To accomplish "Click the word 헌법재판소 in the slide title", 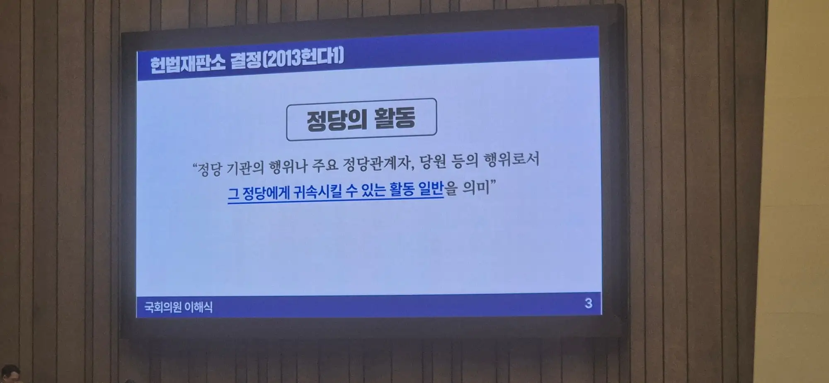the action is (188, 63).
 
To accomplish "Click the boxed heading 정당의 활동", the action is (361, 119).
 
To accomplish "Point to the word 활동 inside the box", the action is (395, 118).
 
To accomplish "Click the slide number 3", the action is (588, 303).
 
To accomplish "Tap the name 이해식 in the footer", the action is (199, 307).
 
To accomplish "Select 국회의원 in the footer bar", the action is (163, 307).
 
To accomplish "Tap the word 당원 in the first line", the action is (432, 162).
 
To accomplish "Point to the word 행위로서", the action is (511, 159).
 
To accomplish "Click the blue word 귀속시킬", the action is (317, 191).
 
